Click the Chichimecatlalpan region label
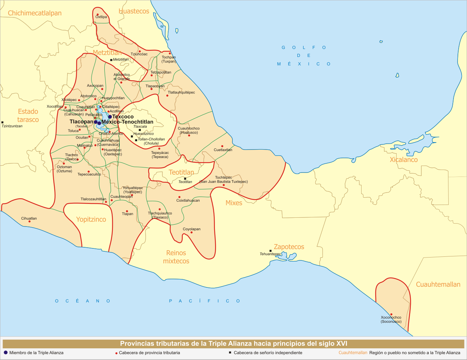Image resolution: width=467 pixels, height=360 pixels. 35,13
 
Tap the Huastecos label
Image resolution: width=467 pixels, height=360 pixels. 134,11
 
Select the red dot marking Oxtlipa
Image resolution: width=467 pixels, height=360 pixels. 97,15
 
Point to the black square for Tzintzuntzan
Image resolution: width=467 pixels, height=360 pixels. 3,122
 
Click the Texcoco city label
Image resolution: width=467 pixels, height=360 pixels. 123,117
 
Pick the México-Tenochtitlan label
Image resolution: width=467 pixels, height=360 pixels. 127,122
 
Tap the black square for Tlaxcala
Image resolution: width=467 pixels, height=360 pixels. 140,130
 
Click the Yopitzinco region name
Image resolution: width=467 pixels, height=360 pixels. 91,219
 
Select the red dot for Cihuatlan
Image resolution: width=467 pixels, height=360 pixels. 30,222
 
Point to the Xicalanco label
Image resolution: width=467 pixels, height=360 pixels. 404,160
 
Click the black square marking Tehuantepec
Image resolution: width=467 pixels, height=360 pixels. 270,251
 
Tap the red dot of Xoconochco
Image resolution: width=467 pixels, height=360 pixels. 391,314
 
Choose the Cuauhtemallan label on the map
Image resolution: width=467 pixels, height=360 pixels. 438,284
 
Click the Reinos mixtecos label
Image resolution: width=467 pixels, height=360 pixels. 176,257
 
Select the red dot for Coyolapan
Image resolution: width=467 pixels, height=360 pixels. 192,232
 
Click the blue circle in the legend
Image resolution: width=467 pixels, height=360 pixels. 5,353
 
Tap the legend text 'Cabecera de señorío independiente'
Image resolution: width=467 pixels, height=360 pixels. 268,353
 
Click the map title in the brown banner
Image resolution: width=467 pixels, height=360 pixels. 233,344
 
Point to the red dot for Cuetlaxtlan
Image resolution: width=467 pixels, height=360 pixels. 222,146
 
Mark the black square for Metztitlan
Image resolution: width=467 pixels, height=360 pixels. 111,60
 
